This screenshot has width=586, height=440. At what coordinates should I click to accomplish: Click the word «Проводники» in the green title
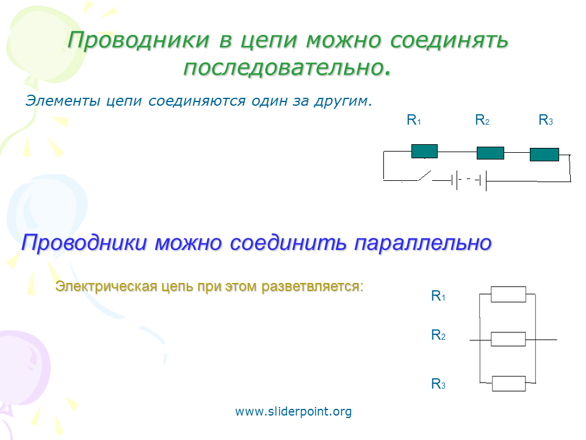(x=139, y=40)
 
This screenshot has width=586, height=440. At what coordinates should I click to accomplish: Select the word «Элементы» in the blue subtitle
(x=63, y=101)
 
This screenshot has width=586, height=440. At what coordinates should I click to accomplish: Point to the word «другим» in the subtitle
(x=341, y=101)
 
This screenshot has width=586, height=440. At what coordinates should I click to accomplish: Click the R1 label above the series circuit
(x=414, y=120)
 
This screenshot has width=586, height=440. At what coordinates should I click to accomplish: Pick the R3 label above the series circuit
(x=546, y=120)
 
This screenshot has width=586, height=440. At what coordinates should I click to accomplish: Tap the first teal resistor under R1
(x=425, y=151)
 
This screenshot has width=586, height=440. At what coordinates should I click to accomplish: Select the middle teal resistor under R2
(x=490, y=153)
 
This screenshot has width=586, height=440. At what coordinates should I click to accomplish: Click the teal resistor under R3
(x=544, y=155)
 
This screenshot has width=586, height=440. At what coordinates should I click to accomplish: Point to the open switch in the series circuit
(x=425, y=175)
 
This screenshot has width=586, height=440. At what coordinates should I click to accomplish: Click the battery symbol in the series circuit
(x=469, y=180)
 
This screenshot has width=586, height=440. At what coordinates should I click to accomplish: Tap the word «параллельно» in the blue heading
(x=422, y=243)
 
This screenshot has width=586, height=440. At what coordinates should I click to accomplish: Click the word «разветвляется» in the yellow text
(x=312, y=287)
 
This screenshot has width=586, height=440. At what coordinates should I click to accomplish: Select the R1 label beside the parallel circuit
(x=438, y=296)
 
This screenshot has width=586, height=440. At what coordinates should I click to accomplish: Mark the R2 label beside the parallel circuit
(x=438, y=335)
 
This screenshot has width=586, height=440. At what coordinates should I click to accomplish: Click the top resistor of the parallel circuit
(x=508, y=295)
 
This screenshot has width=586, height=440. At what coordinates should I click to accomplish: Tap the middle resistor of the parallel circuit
(x=508, y=339)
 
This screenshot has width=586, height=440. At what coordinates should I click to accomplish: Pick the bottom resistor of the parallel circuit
(x=508, y=384)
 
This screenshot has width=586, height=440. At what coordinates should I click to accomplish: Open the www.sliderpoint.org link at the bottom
(x=294, y=411)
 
